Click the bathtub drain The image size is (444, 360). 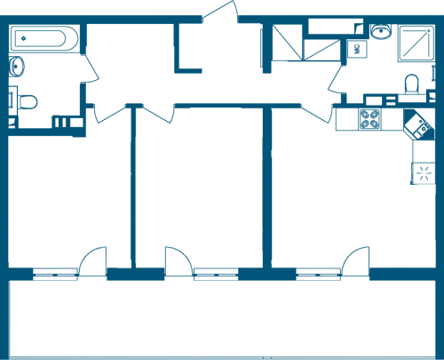[24, 38]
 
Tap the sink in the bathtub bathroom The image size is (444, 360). [16, 67]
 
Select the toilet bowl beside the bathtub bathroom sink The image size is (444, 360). [28, 101]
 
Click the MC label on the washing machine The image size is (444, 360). [357, 49]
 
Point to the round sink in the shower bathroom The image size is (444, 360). [381, 31]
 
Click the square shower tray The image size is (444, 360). [416, 44]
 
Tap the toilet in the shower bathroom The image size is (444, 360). [412, 84]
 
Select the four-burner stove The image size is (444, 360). [369, 119]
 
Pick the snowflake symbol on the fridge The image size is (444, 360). [424, 173]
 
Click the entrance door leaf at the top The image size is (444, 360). [219, 11]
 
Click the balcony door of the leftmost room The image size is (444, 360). [92, 261]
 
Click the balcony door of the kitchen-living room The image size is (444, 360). [355, 261]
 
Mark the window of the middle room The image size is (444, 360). [216, 275]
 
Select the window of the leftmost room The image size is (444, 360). [56, 275]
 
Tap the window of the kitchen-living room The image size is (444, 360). [319, 275]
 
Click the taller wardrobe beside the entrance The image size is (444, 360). [288, 43]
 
